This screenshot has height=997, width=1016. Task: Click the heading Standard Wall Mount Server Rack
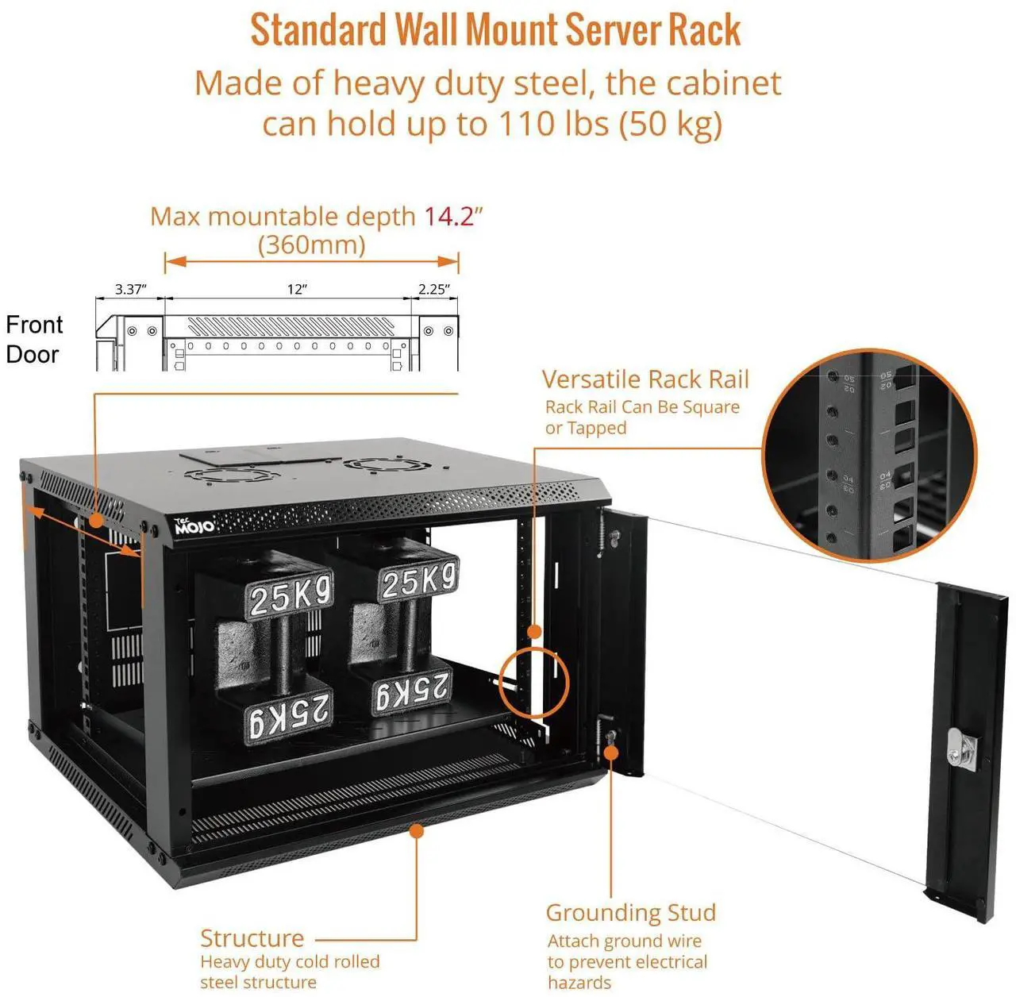495,31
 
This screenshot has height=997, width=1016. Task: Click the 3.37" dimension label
130,289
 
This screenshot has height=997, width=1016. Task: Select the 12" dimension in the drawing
296,290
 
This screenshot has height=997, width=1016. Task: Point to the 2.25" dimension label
433,290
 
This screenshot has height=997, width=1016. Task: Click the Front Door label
33,340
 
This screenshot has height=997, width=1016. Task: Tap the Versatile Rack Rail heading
645,379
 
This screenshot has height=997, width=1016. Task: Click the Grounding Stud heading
630,913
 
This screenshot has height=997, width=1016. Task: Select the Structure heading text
252,938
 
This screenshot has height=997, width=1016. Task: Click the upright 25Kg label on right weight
418,581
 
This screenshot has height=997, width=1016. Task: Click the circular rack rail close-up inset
869,456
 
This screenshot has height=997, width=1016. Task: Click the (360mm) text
311,244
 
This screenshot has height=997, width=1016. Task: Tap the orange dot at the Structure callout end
416,830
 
